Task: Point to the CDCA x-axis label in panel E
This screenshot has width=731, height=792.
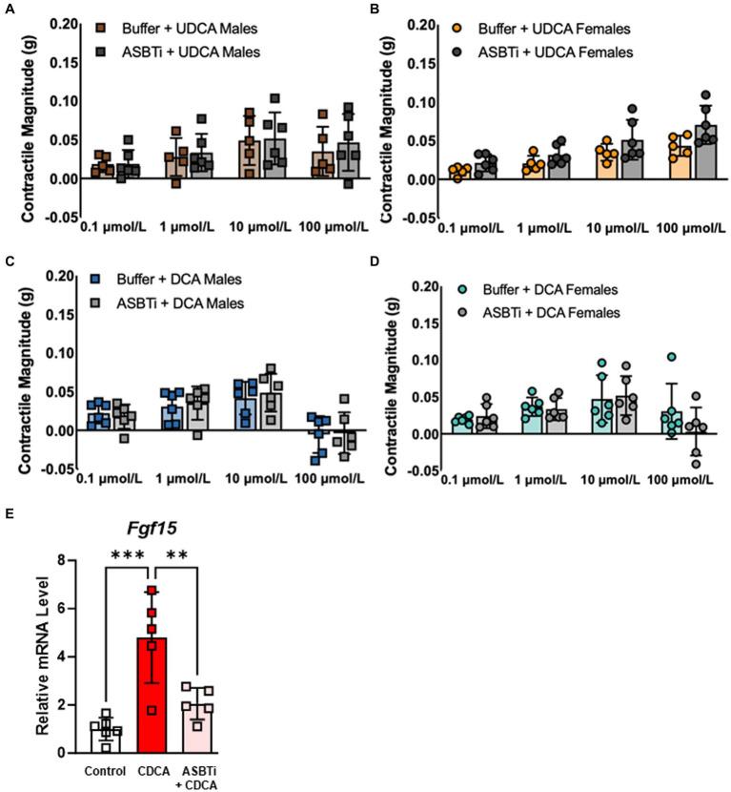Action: click(x=151, y=771)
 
